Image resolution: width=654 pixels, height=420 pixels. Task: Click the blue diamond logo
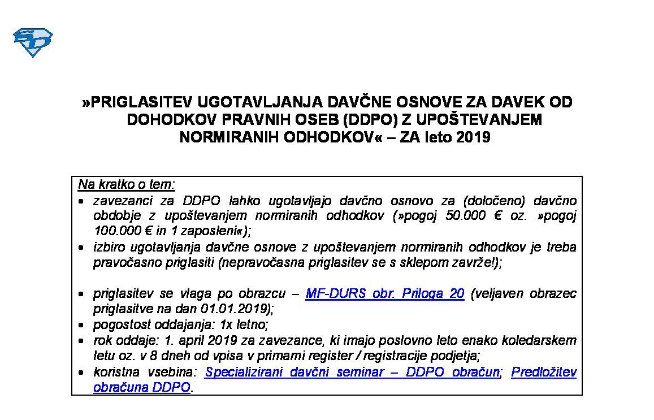pos(32,42)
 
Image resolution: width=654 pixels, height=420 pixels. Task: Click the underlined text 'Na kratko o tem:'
pos(127,185)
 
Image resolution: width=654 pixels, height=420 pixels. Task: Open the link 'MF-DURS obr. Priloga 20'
pos(384,294)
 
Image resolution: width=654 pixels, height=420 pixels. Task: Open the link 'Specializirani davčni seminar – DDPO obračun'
pos(352,373)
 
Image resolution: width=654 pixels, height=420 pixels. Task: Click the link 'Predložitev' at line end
pos(543,373)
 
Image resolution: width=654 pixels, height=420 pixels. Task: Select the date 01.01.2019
pos(236,309)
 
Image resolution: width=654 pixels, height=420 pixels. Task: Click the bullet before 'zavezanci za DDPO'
pos(83,201)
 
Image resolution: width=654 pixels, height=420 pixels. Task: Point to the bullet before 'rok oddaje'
pos(83,341)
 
